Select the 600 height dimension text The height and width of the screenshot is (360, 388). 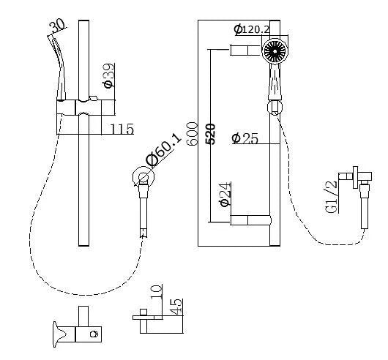pos(192,134)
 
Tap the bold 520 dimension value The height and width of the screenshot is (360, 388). pos(210,135)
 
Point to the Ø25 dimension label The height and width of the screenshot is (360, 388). pos(245,138)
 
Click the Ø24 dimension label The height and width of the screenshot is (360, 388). pos(225,194)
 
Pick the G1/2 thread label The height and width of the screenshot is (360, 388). pos(332,196)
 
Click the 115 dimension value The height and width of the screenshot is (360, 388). pos(122,130)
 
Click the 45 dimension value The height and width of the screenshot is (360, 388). pos(176,306)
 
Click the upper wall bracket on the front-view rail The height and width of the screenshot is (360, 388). pos(247,50)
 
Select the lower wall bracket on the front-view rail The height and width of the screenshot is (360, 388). pos(247,220)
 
